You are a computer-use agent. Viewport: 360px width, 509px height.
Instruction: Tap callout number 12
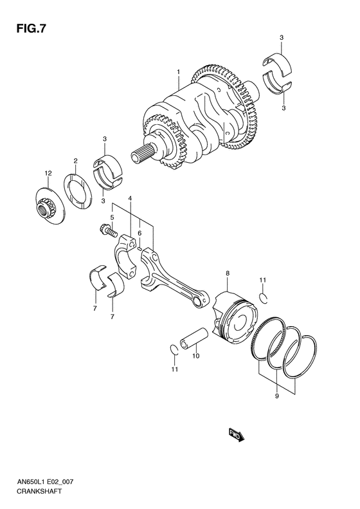(x=47, y=173)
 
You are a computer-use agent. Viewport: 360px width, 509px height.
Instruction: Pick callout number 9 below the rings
(x=276, y=397)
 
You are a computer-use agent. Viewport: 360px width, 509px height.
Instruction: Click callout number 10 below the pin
(x=196, y=355)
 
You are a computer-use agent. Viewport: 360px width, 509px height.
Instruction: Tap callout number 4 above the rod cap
(x=130, y=198)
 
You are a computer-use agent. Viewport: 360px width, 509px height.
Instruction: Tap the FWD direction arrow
(x=235, y=436)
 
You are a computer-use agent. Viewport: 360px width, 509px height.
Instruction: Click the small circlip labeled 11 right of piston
(x=263, y=296)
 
